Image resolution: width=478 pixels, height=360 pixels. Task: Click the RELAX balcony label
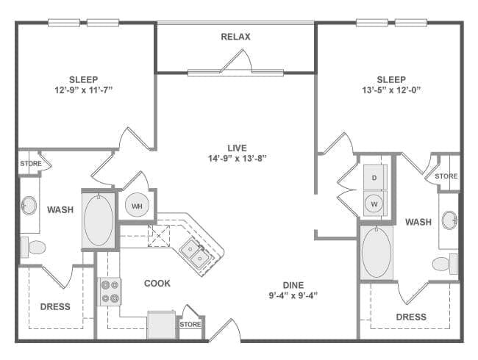point(235,37)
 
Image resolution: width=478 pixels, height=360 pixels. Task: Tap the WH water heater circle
point(137,205)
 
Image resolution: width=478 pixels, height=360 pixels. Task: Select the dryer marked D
point(374,177)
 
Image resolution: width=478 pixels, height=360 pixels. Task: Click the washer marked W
point(374,204)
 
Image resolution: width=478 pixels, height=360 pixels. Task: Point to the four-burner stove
point(110,292)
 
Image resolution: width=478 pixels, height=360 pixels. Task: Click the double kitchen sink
point(196,253)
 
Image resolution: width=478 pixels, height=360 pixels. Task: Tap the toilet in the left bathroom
point(33,247)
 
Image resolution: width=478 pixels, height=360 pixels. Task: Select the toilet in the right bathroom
point(445,264)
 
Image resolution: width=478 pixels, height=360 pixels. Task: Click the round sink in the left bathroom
point(29,205)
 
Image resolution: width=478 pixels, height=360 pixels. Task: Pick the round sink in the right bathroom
point(449,220)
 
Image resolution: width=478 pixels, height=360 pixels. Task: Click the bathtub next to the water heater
point(99,220)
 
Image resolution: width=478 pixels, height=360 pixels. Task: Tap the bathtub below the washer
point(377,252)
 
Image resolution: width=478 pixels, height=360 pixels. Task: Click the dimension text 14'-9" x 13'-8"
point(238,159)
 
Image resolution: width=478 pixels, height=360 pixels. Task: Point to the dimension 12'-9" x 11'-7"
point(84,90)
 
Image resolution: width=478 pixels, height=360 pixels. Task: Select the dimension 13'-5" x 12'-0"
point(391,90)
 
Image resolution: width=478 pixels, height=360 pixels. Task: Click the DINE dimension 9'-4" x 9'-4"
point(293,295)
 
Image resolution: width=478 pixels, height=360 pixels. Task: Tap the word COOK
point(157,284)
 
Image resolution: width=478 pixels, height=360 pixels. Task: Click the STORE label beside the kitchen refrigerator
point(190,325)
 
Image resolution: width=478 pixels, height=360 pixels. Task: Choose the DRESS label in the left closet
point(55,306)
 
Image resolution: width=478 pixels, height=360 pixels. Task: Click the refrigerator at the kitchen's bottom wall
point(162,325)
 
